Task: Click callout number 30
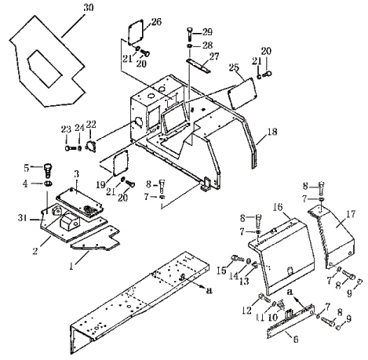point(89,8)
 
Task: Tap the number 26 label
point(156,22)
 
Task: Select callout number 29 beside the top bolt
point(207,32)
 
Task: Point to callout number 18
point(272,132)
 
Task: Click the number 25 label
point(234,67)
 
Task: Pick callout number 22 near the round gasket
point(91,124)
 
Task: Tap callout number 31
point(23,217)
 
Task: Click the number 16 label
point(278,207)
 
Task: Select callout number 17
point(351,214)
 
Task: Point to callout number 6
point(296,340)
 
